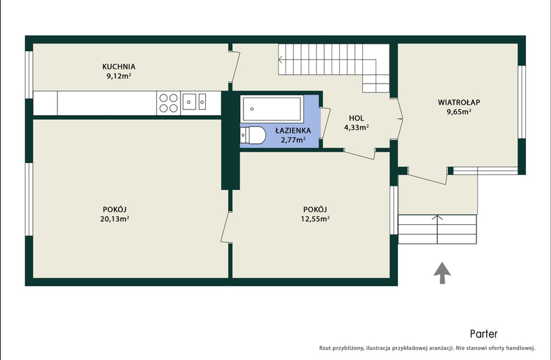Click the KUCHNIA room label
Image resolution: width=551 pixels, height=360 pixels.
pos(119,66)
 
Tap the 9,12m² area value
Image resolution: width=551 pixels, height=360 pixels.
pos(119,76)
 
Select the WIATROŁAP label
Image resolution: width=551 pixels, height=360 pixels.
pos(459,102)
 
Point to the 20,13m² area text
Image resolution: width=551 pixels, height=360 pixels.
pos(114,219)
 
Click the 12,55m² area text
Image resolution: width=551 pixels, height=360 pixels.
pos(315,219)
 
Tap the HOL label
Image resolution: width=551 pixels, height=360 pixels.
pos(356,118)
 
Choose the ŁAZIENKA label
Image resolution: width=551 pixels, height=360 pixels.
pos(293,130)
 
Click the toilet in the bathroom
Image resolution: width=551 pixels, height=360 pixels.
pos(253,135)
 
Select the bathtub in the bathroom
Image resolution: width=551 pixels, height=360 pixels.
pos(272,109)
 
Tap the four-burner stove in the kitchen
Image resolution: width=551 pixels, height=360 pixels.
pos(169,103)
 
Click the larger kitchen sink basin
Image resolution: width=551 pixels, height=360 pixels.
pos(189,102)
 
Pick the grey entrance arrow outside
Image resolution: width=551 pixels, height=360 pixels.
pos(442,273)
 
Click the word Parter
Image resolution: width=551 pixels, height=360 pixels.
pos(484,334)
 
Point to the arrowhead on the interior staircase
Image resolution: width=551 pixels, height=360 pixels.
pos(280,59)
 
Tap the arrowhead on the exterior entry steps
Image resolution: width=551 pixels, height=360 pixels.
pos(437,217)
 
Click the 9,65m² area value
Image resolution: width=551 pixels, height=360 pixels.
pos(459,112)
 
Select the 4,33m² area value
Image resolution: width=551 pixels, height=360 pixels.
pos(356,127)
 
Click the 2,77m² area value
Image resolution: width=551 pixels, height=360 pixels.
pos(293,140)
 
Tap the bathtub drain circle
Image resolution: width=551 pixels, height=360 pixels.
pos(252,109)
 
